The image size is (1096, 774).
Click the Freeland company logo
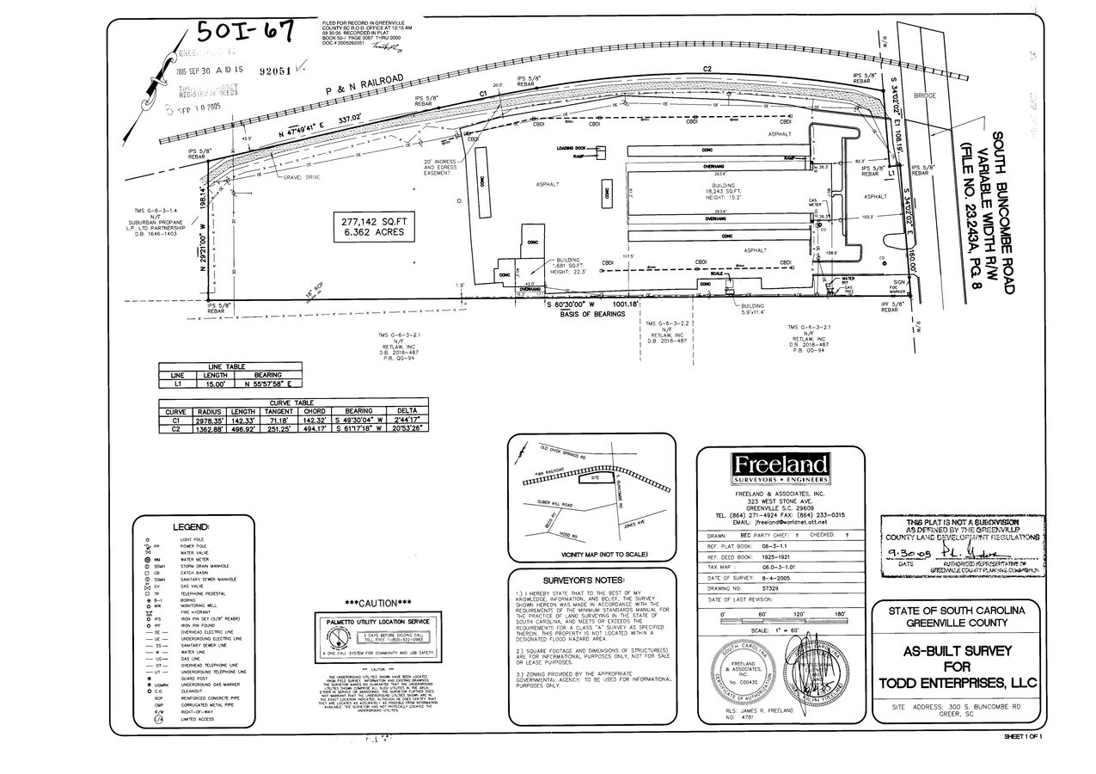click(779, 468)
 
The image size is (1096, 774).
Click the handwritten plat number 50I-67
click(247, 32)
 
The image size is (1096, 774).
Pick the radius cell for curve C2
click(210, 427)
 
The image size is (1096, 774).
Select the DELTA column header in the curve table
click(407, 411)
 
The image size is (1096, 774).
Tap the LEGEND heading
click(191, 526)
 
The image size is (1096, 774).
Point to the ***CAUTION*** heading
click(378, 603)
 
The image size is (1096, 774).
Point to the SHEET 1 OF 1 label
click(1022, 737)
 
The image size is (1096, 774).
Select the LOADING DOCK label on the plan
click(570, 148)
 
